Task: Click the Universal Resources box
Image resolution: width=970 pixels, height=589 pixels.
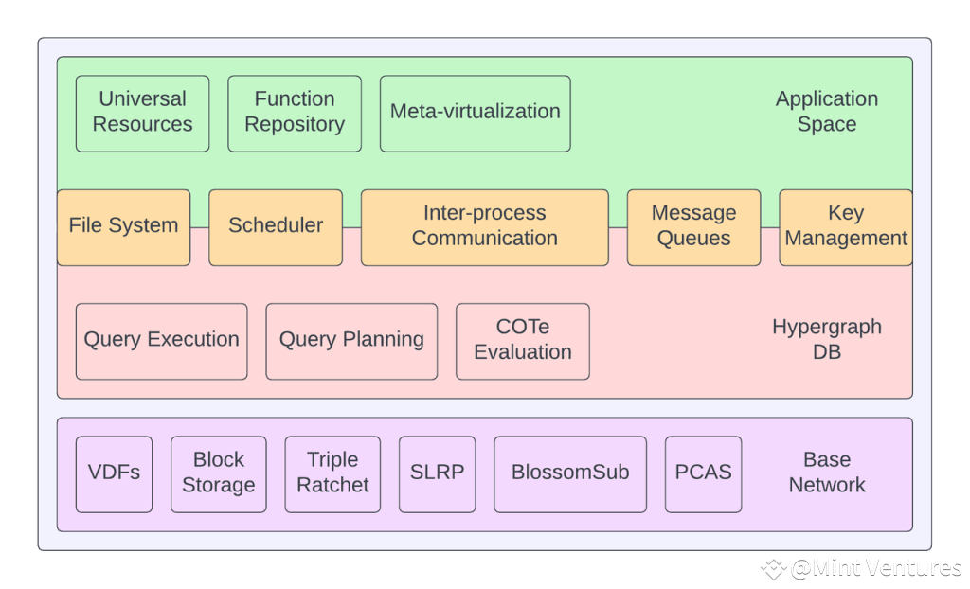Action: click(x=142, y=113)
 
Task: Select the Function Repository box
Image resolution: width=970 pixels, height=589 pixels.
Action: click(x=295, y=113)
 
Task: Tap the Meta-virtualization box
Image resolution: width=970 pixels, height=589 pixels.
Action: click(x=475, y=113)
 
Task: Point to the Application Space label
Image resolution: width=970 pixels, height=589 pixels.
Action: click(x=826, y=112)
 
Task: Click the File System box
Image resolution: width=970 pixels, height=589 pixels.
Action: click(x=123, y=226)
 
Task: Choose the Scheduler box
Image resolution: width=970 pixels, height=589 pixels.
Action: click(x=276, y=226)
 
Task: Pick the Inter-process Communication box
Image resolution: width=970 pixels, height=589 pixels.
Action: click(x=484, y=226)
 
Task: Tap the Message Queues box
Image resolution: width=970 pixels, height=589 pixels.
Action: click(x=693, y=226)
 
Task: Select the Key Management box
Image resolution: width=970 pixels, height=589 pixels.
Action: click(x=846, y=226)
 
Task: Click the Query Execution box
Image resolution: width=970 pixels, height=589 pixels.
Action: click(x=161, y=340)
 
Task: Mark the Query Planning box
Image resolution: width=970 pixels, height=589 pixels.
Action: click(x=351, y=340)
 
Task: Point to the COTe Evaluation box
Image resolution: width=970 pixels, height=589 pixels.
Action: click(x=522, y=340)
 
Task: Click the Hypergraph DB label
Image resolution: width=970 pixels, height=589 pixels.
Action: click(x=826, y=339)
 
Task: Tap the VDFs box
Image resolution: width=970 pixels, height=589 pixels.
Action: click(x=114, y=473)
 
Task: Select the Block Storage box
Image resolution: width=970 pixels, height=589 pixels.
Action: click(x=218, y=473)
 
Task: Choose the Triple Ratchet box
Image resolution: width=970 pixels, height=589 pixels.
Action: click(x=332, y=473)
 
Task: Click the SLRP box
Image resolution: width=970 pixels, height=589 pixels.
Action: click(x=437, y=473)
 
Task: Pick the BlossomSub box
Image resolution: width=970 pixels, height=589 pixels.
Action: click(x=569, y=473)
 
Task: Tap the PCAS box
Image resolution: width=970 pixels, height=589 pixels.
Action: click(x=703, y=473)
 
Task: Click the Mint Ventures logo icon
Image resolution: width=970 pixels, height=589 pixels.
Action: click(x=774, y=566)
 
